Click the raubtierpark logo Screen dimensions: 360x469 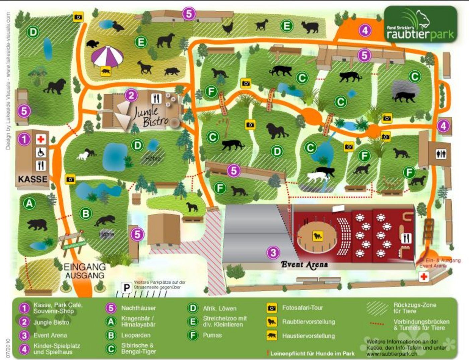tap(420, 25)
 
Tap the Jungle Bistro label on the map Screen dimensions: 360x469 tap(150, 116)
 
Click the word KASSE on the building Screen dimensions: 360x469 tap(32, 179)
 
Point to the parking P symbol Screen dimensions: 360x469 tap(126, 288)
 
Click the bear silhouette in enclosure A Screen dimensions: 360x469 tap(37, 224)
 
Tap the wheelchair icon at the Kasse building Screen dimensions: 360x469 tap(41, 153)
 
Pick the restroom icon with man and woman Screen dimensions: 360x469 tap(441, 154)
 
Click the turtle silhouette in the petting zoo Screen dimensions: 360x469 tap(93, 44)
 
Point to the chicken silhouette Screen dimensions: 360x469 tap(227, 28)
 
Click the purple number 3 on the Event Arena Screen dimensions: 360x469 tap(273, 252)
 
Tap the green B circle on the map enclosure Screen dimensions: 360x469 tap(86, 213)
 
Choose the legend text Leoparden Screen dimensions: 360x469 tap(136, 335)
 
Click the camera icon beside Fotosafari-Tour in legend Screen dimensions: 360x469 tap(272, 308)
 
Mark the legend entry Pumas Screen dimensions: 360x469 tap(212, 335)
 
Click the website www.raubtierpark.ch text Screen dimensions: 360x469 tap(392, 354)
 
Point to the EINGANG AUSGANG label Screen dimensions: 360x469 tap(84, 271)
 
